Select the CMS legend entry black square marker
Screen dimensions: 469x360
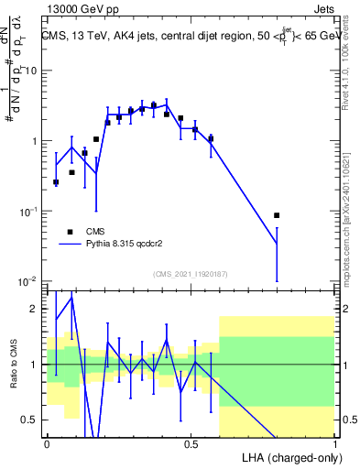click(x=70, y=232)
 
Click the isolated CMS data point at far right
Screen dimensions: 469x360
click(x=277, y=215)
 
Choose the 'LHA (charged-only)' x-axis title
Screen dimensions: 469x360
click(x=289, y=456)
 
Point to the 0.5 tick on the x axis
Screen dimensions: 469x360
click(x=191, y=443)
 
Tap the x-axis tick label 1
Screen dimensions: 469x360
click(x=335, y=443)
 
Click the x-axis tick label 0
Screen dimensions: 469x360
click(x=47, y=443)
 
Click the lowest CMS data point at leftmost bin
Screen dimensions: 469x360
click(x=56, y=182)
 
